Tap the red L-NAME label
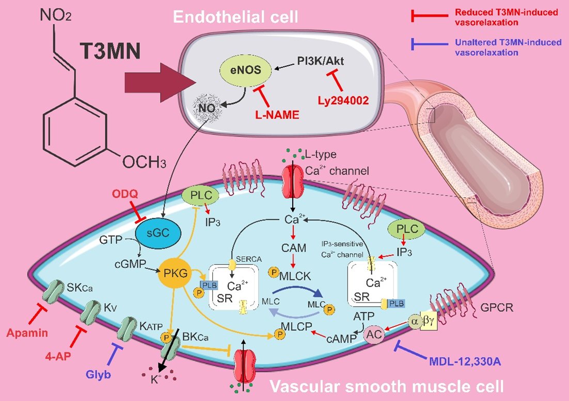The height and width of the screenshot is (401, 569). [277, 115]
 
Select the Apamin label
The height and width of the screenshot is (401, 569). [27, 333]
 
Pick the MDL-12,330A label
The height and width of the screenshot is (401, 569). [465, 359]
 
